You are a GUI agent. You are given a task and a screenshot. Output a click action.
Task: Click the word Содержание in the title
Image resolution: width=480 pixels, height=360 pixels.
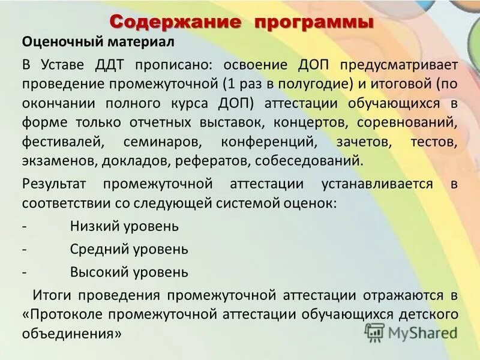tap(177, 22)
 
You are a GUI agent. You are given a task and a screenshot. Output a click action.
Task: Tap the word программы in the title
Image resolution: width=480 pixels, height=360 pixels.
tap(314, 22)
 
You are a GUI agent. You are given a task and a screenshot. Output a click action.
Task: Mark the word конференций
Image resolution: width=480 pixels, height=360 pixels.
tap(268, 142)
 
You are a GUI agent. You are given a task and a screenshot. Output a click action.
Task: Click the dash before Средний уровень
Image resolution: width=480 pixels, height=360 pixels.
tap(23, 248)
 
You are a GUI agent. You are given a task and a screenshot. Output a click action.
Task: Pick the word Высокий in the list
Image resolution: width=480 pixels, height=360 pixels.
tap(98, 271)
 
